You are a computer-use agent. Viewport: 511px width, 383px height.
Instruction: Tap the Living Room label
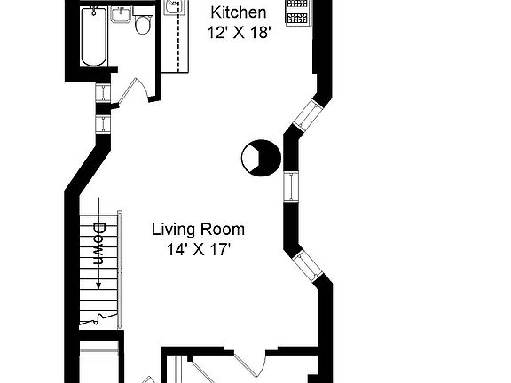click(x=198, y=229)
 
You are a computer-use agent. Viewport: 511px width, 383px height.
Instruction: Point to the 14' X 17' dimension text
click(x=198, y=249)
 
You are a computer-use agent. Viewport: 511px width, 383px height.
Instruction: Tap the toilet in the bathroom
click(x=142, y=25)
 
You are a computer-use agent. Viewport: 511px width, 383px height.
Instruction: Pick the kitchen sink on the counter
click(x=173, y=9)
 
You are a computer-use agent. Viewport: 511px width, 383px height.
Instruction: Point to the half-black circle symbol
click(x=260, y=158)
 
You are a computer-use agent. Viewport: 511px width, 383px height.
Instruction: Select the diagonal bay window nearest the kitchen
click(x=308, y=114)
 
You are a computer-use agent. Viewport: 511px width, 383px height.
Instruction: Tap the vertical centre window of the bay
click(x=291, y=188)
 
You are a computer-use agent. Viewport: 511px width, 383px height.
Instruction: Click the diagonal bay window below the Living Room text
click(x=308, y=265)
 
